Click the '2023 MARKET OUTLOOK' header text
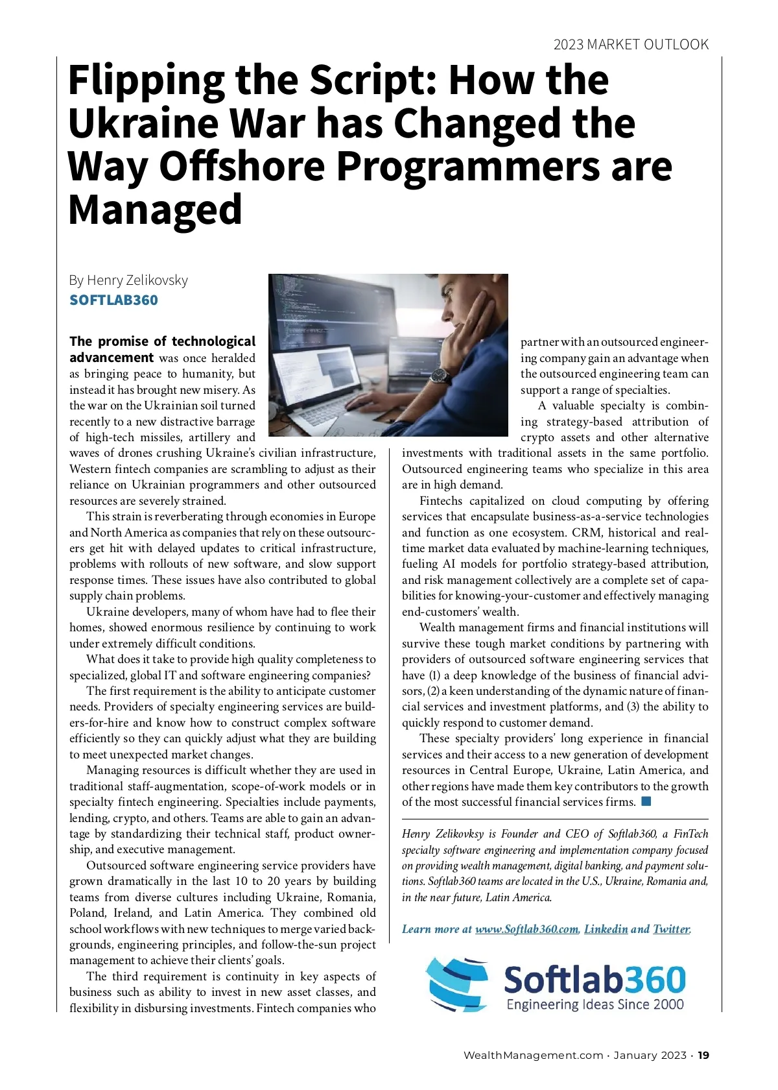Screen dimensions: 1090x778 [630, 45]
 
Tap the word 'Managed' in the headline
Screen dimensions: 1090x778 [155, 210]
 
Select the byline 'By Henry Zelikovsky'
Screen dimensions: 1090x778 [128, 280]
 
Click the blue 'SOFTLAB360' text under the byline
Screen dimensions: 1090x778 [113, 300]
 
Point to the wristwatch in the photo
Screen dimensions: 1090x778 [440, 376]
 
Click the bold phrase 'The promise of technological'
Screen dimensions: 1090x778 [162, 342]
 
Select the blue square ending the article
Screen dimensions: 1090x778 [646, 801]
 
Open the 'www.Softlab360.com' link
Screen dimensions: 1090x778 [526, 929]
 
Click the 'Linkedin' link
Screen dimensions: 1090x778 [606, 929]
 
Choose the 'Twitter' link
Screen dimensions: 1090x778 [671, 929]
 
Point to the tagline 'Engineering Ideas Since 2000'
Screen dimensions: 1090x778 [595, 1005]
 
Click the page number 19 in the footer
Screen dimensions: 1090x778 [704, 1056]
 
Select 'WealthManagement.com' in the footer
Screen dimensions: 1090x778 [533, 1056]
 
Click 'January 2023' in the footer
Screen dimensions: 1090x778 [650, 1056]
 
